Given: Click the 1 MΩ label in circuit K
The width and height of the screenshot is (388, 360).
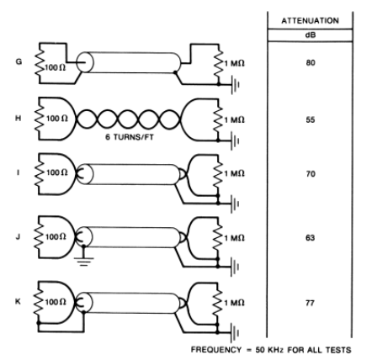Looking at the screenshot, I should coord(245,300).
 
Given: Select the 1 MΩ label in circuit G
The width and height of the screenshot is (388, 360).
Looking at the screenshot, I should coord(245,62).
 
